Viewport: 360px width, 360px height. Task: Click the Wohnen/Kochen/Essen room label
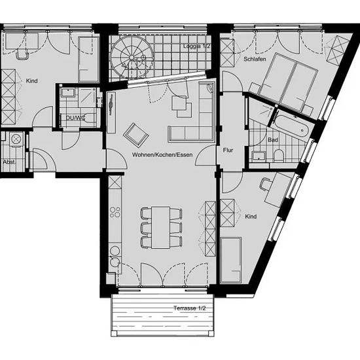pos(162,154)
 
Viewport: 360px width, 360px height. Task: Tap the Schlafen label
pos(255,59)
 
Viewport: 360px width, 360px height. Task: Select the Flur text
pos(228,151)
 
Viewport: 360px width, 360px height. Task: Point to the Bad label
pos(273,140)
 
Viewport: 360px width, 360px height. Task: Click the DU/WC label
pos(75,118)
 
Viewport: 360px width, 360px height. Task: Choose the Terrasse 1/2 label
pos(190,308)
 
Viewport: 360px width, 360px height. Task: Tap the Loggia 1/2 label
pos(197,46)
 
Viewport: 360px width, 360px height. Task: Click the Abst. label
pos(9,162)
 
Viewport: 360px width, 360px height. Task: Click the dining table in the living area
pos(161,228)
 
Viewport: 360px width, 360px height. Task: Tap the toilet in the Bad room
pos(279,156)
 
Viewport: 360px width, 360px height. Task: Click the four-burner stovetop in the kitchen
pos(115,212)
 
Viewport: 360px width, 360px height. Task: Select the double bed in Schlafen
pos(288,82)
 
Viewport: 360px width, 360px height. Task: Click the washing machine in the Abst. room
pos(16,139)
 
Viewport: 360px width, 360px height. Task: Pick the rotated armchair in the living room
pos(136,135)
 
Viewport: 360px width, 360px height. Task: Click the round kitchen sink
pos(115,251)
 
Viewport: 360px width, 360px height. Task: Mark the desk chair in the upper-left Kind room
pos(22,55)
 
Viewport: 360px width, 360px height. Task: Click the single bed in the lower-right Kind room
pos(231,260)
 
